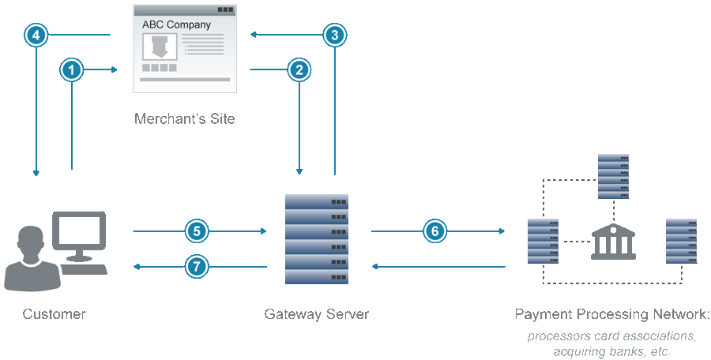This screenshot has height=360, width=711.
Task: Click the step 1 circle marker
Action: tap(72, 70)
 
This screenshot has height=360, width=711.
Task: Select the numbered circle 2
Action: tap(299, 70)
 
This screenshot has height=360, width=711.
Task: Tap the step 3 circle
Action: tap(335, 35)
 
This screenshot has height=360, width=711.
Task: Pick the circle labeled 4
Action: tap(36, 35)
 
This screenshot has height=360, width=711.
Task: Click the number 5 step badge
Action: tap(197, 231)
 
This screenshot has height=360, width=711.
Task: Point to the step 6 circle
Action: tap(434, 231)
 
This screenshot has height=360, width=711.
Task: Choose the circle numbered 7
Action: tap(197, 267)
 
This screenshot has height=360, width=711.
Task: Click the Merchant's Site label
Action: tap(184, 119)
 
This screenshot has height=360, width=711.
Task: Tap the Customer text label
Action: tap(54, 314)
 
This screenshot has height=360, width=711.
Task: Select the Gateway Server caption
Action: tap(316, 314)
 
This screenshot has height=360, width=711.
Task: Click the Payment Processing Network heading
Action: tap(611, 314)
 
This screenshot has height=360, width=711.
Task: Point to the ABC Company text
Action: tap(176, 24)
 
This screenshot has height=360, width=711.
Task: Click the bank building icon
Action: tap(613, 241)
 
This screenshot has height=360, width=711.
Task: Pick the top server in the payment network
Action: tap(613, 175)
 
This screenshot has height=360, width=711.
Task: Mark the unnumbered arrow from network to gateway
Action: tap(438, 267)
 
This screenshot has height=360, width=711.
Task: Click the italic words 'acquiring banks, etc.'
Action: tap(612, 351)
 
